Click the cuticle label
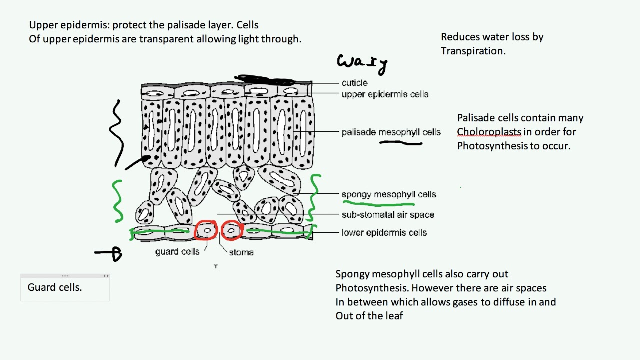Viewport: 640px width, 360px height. click(354, 83)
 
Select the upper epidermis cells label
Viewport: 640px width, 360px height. click(385, 94)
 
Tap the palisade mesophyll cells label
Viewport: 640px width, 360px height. click(391, 132)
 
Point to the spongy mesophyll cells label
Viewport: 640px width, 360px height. click(388, 194)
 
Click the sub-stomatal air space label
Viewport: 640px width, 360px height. click(387, 215)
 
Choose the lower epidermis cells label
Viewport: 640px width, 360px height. click(384, 233)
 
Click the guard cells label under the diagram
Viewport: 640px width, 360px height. click(177, 252)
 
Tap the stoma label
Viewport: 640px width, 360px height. click(241, 252)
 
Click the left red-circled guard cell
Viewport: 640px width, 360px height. click(206, 231)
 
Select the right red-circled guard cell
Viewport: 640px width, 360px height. click(231, 231)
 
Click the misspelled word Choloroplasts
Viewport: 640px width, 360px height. click(489, 132)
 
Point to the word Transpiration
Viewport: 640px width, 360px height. click(472, 51)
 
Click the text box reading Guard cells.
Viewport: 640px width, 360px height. click(55, 287)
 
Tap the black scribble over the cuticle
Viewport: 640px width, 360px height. click(265, 80)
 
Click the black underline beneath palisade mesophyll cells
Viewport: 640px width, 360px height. click(401, 143)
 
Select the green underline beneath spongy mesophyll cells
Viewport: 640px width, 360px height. click(378, 203)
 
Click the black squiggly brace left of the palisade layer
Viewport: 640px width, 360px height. click(117, 132)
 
